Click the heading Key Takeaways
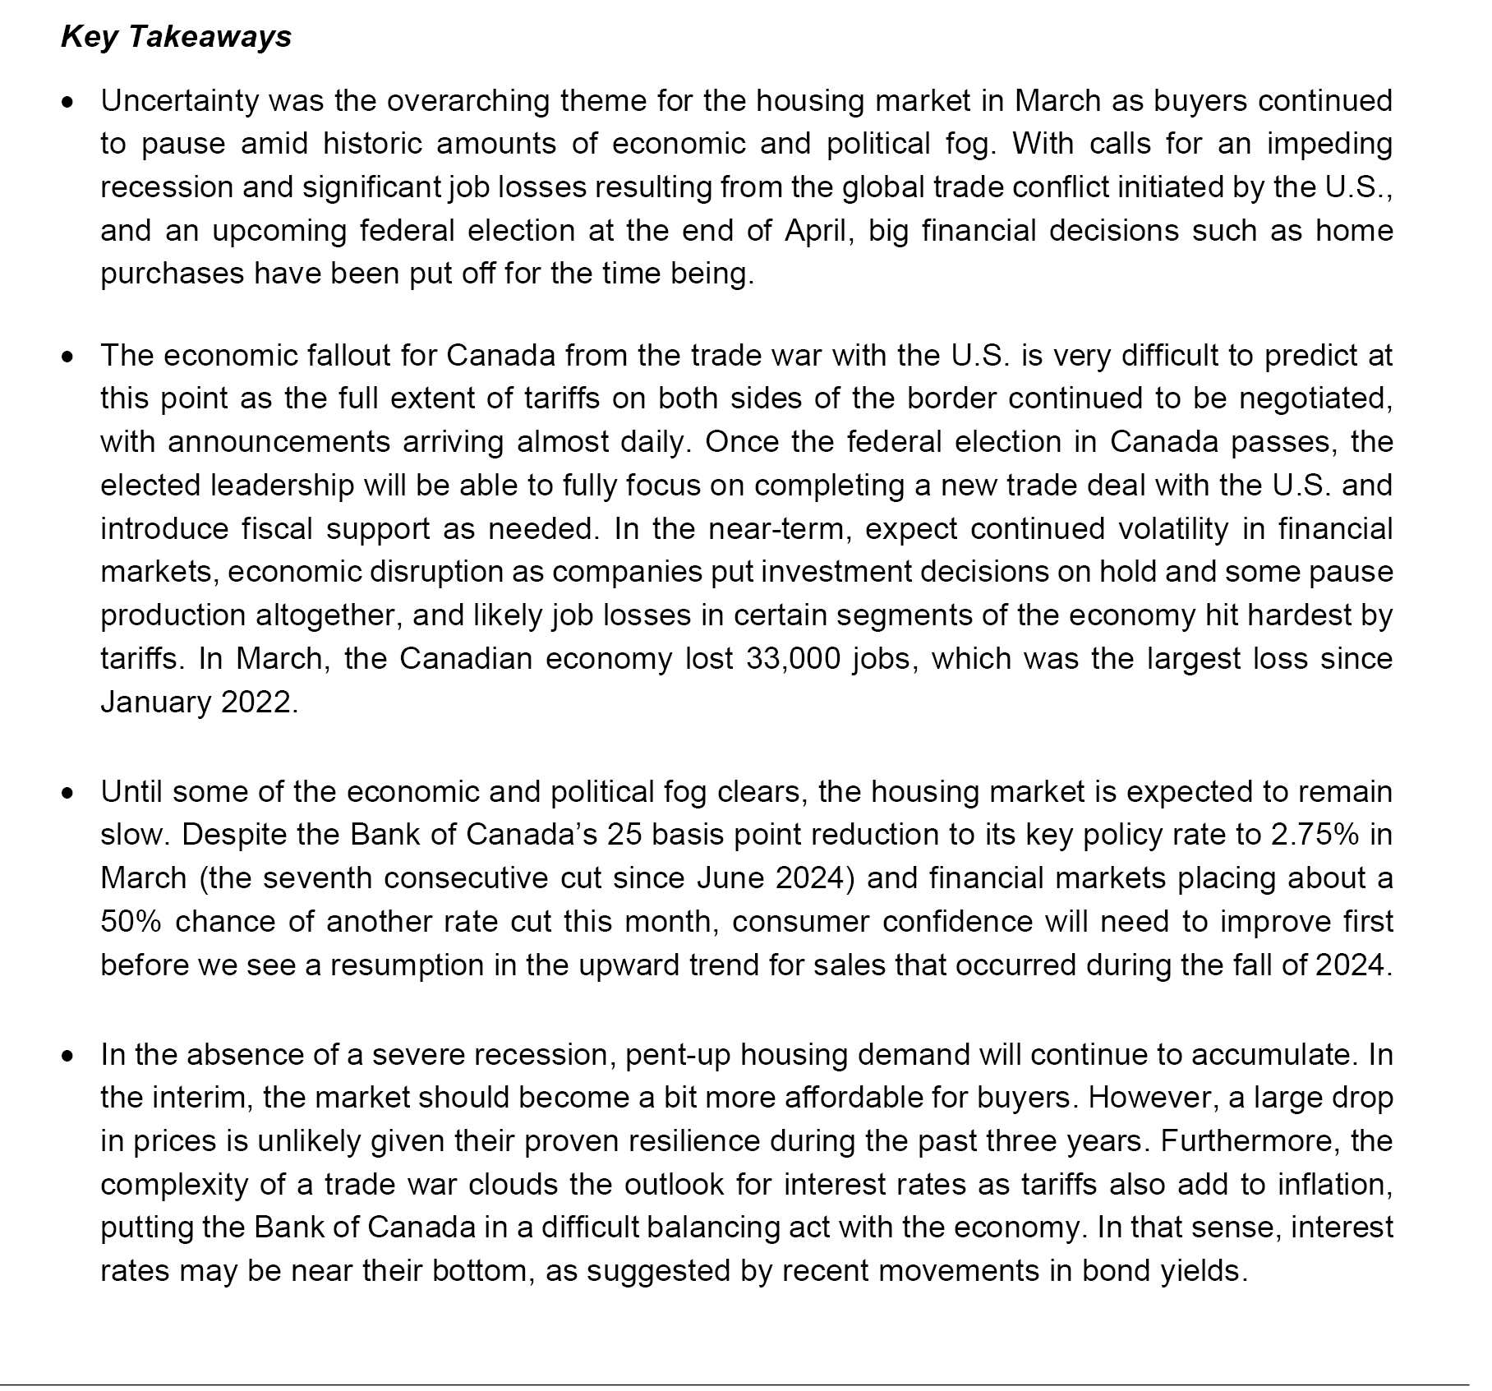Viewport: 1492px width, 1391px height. (176, 37)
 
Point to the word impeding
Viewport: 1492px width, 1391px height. (1329, 144)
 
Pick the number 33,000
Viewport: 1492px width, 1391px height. (793, 659)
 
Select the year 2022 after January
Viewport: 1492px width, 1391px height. (257, 702)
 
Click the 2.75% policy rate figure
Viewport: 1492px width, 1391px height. (1314, 835)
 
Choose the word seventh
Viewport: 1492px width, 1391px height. (317, 878)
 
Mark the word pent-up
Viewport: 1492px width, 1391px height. (676, 1054)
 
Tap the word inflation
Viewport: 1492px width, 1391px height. (1335, 1184)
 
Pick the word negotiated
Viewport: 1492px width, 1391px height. (1315, 398)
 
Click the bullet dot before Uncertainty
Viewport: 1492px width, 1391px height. (70, 103)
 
